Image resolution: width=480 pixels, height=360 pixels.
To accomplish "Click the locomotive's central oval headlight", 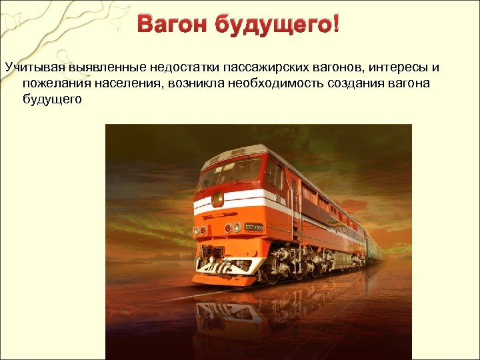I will point(217,199).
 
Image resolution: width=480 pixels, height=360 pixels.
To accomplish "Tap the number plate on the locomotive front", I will point(254,228).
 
